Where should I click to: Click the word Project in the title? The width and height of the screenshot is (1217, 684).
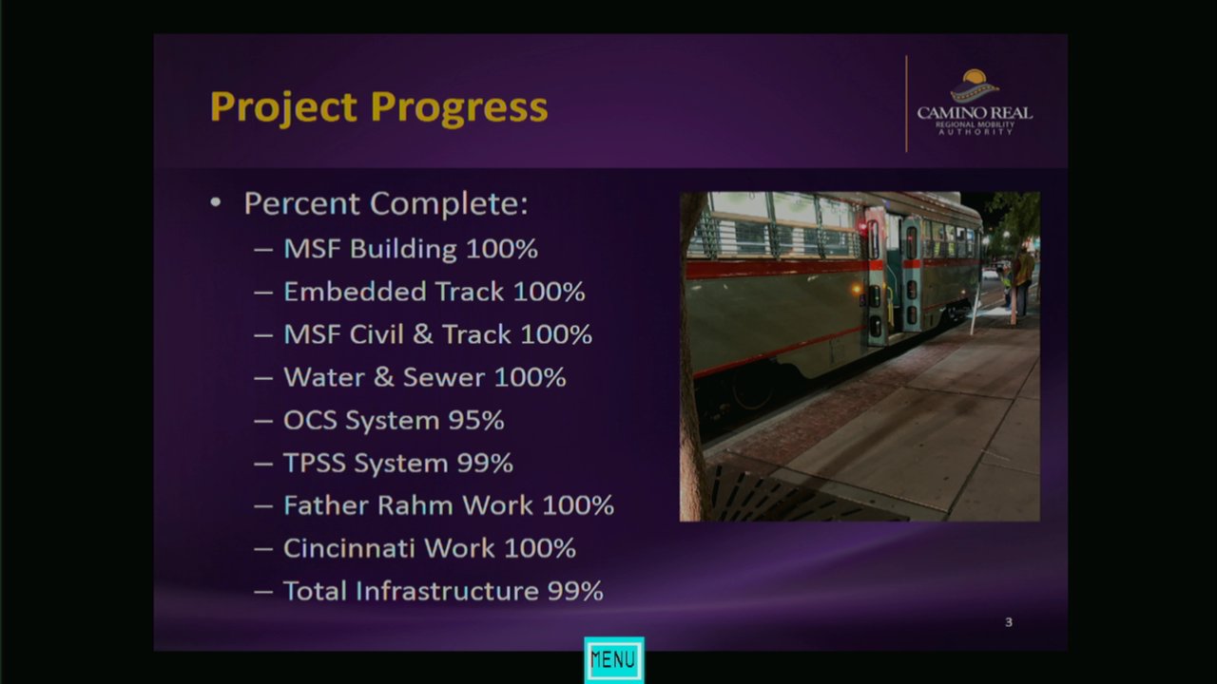click(283, 108)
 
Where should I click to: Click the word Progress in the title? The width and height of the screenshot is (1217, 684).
click(459, 108)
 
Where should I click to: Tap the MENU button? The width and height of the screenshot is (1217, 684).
click(614, 659)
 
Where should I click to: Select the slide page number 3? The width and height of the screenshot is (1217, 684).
click(1009, 622)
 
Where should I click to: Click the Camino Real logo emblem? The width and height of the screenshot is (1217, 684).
click(975, 85)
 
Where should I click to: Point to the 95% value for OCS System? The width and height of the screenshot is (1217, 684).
click(476, 420)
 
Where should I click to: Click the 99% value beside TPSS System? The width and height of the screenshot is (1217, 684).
click(485, 463)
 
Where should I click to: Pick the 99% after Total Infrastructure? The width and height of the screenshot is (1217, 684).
click(575, 591)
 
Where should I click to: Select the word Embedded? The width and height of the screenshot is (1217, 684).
click(356, 292)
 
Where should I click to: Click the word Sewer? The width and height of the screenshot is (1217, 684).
click(444, 377)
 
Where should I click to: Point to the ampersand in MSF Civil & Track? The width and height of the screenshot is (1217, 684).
click(422, 333)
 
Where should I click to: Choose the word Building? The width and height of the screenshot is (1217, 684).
click(403, 250)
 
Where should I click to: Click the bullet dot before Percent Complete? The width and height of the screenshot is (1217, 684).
click(216, 203)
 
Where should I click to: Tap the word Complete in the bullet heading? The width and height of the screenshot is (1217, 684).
click(449, 204)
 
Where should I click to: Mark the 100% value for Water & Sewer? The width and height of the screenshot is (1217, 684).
click(531, 377)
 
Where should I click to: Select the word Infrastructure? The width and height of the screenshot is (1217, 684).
click(447, 591)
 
